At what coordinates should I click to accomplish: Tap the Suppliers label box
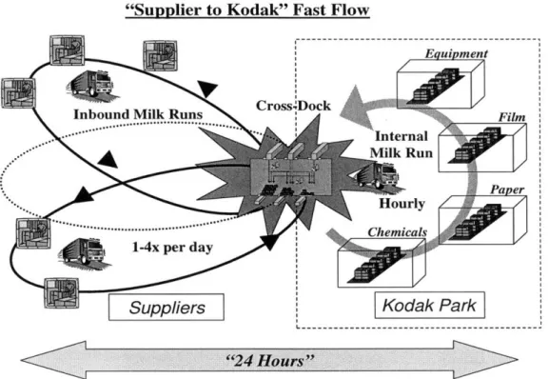click(x=167, y=308)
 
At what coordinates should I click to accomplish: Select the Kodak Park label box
click(x=430, y=305)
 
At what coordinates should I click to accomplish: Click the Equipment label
click(x=456, y=53)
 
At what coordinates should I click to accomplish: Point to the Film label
click(x=512, y=117)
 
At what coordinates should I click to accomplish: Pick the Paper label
click(x=507, y=189)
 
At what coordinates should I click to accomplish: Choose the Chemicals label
click(x=398, y=232)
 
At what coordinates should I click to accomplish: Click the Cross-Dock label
click(x=293, y=106)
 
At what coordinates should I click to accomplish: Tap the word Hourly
click(x=402, y=204)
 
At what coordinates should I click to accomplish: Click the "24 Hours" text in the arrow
click(x=270, y=361)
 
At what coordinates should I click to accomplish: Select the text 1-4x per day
click(x=172, y=248)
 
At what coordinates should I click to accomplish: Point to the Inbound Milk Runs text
click(x=138, y=114)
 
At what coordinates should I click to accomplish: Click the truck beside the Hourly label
click(x=377, y=175)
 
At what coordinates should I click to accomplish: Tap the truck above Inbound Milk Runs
click(x=91, y=84)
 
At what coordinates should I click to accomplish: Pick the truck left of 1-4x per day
click(x=83, y=251)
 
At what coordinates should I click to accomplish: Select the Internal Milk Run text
click(x=402, y=145)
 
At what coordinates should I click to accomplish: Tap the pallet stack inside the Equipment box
click(x=436, y=86)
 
